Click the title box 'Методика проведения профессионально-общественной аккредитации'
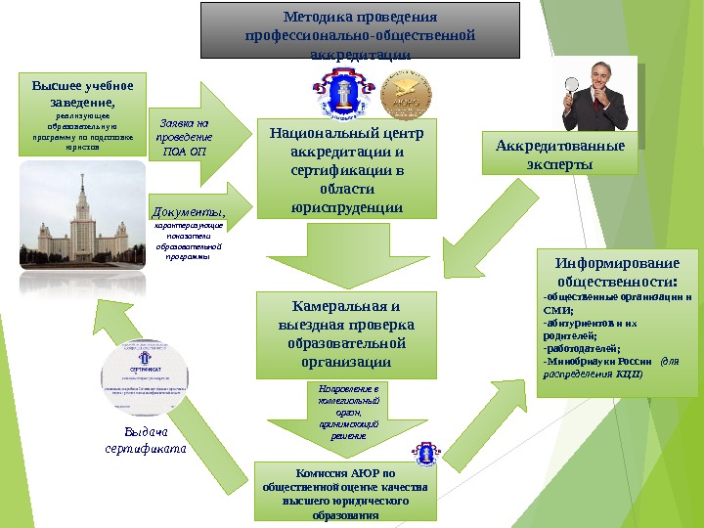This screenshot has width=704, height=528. click(359, 30)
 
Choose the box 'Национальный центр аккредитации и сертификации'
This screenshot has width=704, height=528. click(347, 167)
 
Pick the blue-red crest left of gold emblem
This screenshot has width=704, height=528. click(337, 94)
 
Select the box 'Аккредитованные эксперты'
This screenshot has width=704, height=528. click(560, 154)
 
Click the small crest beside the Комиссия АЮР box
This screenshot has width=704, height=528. click(427, 455)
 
